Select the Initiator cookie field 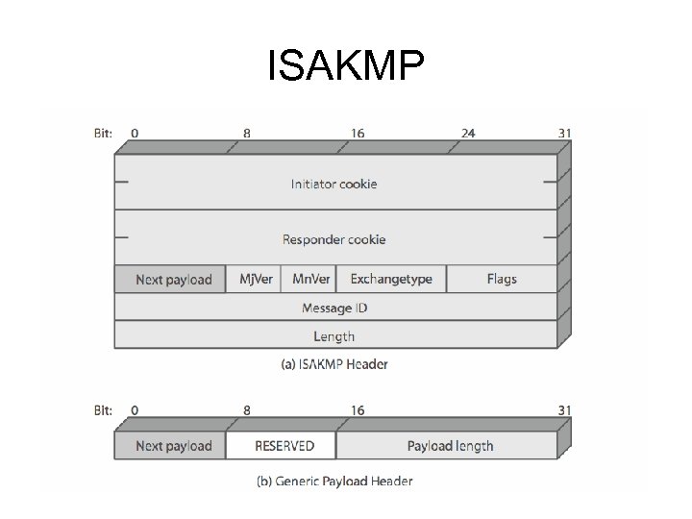(334, 184)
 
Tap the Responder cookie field (334, 239)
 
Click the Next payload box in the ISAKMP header (172, 280)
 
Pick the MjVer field (256, 280)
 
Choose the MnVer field (311, 280)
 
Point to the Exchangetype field (391, 280)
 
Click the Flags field (501, 280)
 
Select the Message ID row (334, 308)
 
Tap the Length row (334, 336)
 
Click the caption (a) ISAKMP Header (334, 364)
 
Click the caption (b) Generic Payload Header (334, 481)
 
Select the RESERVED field (283, 446)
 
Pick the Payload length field (450, 446)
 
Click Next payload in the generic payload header (172, 446)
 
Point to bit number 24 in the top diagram (467, 134)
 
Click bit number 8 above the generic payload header (247, 410)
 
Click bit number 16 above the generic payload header (358, 410)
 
